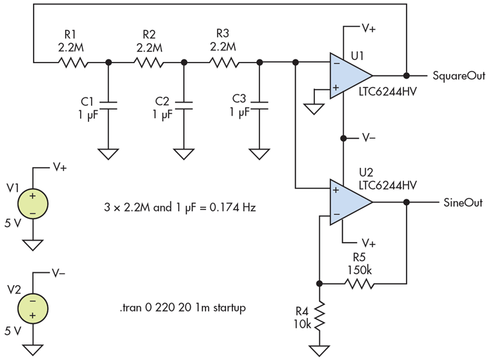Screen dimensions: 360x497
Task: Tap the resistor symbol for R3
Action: [222, 63]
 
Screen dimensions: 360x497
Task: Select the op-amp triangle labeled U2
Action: [349, 202]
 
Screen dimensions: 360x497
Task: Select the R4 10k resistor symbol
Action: [319, 316]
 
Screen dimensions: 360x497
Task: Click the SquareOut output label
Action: [458, 75]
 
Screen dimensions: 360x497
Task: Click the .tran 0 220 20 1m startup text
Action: [182, 309]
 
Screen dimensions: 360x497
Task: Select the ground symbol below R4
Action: [319, 351]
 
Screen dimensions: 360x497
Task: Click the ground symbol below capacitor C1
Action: [108, 155]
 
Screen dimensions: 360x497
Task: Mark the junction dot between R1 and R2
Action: [108, 63]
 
